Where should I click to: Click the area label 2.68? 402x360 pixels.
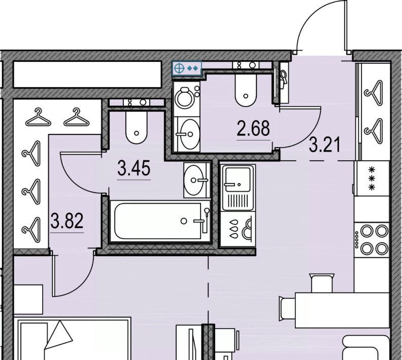[x=253, y=128]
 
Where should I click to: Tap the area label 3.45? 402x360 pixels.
[x=133, y=168]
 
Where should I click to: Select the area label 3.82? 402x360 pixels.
[x=67, y=221]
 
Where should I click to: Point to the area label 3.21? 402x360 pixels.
[x=325, y=145]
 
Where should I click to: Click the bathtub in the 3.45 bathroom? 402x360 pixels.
[x=160, y=221]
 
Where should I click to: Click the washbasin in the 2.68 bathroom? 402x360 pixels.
[x=187, y=134]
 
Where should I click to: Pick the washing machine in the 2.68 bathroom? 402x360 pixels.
[x=187, y=98]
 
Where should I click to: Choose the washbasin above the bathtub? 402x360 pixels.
[x=196, y=181]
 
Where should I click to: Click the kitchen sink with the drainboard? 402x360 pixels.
[x=238, y=188]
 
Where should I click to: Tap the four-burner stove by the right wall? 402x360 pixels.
[x=372, y=240]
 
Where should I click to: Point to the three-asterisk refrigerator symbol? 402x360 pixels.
[x=372, y=178]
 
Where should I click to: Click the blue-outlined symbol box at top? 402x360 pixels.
[x=187, y=68]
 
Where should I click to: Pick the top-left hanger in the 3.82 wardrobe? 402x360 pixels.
[x=38, y=117]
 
